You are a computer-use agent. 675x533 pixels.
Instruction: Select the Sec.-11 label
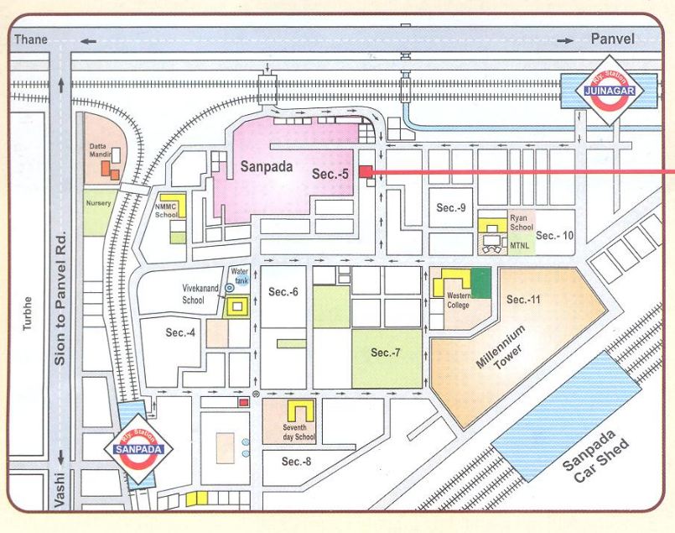pyautogui.click(x=524, y=299)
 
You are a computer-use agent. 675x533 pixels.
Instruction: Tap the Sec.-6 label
pyautogui.click(x=284, y=291)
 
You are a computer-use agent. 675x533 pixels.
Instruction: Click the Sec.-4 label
pyautogui.click(x=180, y=333)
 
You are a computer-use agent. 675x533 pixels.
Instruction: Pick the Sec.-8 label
pyautogui.click(x=296, y=462)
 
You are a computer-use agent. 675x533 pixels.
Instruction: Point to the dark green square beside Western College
pyautogui.click(x=481, y=283)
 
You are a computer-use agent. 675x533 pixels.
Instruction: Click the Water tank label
pyautogui.click(x=241, y=274)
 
